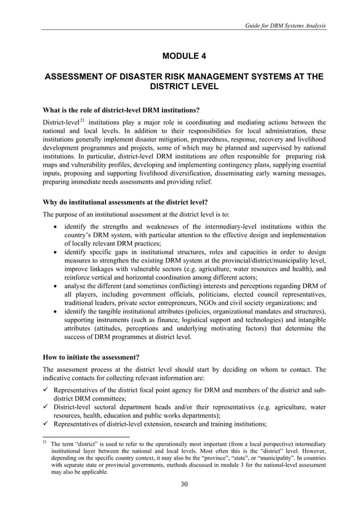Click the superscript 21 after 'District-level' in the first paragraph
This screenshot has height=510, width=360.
point(81,120)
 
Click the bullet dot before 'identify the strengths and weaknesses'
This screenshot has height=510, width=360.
point(54,227)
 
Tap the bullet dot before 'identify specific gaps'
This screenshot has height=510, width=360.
point(54,252)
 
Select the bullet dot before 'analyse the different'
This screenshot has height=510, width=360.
point(54,286)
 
